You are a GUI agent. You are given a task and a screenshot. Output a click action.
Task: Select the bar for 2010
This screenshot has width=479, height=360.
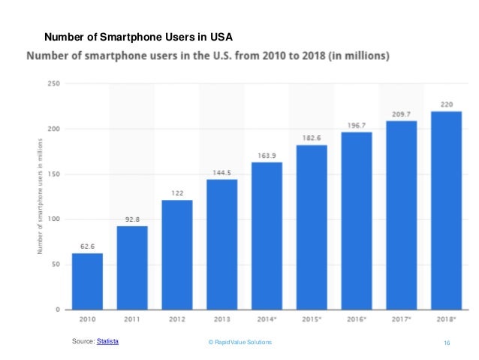click(87, 281)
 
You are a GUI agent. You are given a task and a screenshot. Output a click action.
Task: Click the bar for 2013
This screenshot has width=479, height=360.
click(221, 244)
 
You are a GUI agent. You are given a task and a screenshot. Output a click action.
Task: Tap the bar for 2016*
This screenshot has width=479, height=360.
click(357, 221)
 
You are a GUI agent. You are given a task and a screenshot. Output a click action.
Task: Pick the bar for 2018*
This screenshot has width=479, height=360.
click(446, 210)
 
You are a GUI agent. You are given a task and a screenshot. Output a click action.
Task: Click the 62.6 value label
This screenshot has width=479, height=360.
click(87, 245)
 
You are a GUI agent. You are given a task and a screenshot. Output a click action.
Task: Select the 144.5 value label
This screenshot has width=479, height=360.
click(221, 171)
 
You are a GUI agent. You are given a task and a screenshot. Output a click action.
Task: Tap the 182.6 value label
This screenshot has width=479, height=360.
click(312, 137)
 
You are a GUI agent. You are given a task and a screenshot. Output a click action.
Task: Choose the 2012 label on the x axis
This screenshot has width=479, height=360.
click(177, 319)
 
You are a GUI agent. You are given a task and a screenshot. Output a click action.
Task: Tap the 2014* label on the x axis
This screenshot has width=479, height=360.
click(267, 319)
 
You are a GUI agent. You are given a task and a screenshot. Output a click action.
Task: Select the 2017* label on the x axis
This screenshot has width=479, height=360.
click(401, 319)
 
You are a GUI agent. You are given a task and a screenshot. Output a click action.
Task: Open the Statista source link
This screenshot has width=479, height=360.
click(108, 342)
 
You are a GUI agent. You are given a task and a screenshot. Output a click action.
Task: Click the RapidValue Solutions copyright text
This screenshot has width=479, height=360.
click(239, 343)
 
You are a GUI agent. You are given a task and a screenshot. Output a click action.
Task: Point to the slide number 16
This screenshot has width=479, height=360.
click(447, 343)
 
